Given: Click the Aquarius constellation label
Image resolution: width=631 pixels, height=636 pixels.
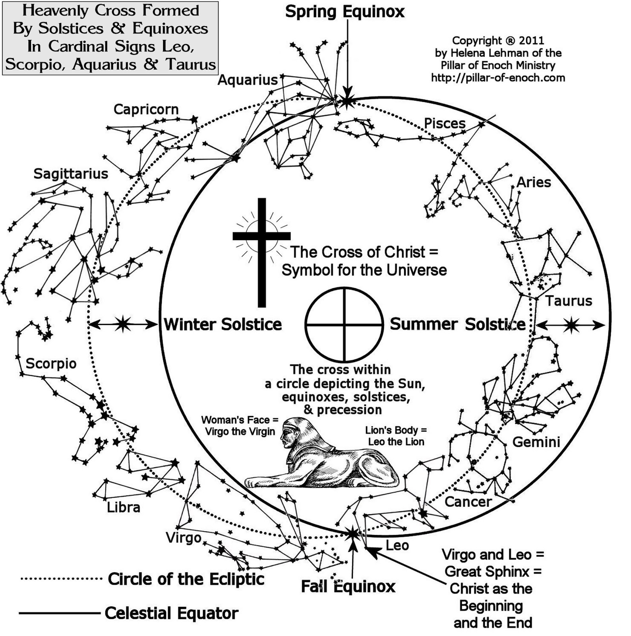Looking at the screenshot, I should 247,80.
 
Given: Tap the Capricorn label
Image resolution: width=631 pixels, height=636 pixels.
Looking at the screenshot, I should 146,109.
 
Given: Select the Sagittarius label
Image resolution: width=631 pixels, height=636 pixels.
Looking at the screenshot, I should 71,174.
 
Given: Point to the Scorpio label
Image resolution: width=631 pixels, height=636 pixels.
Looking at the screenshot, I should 51,363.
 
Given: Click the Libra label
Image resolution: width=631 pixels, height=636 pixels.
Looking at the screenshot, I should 123,507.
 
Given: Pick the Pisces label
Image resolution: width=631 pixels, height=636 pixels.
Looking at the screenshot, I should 445,123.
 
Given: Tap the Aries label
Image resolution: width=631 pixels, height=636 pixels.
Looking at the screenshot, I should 534,182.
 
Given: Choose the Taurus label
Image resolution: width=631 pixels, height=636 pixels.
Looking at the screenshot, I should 568,301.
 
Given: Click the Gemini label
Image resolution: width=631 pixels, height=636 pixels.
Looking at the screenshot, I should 536,442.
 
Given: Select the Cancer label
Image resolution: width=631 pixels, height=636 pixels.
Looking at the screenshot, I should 468,502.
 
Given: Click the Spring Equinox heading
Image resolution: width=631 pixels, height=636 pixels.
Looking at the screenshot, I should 345,12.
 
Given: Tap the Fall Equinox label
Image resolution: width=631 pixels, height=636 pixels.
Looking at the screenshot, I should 348,586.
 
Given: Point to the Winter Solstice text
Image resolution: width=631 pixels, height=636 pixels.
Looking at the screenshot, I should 223,324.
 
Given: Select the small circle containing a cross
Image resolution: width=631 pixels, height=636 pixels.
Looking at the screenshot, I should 344,324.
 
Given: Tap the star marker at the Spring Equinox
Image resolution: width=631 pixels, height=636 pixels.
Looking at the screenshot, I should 347,101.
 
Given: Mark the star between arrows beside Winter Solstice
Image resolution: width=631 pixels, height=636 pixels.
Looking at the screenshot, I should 123,324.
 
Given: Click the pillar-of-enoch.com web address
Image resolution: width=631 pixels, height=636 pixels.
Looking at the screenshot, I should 498,78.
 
